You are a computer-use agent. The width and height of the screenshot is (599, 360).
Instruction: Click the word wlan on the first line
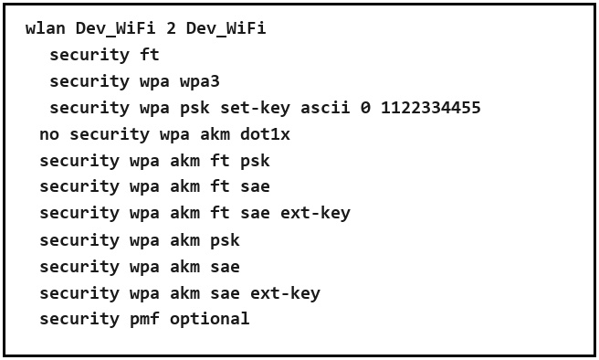[46, 28]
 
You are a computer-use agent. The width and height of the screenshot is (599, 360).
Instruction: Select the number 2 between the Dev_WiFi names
[171, 28]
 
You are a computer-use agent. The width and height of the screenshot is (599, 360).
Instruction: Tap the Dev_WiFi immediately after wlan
[115, 28]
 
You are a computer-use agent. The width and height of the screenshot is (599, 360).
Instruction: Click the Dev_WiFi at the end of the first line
[226, 28]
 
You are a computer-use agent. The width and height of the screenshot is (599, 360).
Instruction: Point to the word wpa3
[200, 82]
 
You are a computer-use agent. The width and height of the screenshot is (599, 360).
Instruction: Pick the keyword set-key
[255, 109]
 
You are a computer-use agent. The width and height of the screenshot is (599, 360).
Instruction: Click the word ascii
[325, 108]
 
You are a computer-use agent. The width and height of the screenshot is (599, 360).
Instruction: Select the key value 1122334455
[431, 108]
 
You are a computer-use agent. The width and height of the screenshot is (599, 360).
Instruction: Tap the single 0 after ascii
[365, 108]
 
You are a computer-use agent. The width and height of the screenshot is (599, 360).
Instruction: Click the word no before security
[49, 135]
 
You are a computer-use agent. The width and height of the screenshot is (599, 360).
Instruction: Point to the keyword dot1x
[265, 134]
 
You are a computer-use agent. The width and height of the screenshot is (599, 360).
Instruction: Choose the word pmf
[145, 319]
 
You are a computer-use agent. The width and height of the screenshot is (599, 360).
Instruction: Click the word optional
[210, 319]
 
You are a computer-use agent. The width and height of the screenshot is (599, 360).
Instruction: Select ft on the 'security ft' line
[150, 55]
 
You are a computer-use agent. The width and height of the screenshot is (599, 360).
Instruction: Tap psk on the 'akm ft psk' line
[255, 162]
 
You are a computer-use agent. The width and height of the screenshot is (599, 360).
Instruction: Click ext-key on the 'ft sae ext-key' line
[315, 214]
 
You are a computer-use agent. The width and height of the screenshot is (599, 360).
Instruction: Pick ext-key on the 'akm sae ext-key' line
[285, 294]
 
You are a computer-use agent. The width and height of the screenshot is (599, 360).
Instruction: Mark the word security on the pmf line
[79, 320]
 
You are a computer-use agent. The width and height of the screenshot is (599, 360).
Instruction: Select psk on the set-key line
[194, 109]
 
